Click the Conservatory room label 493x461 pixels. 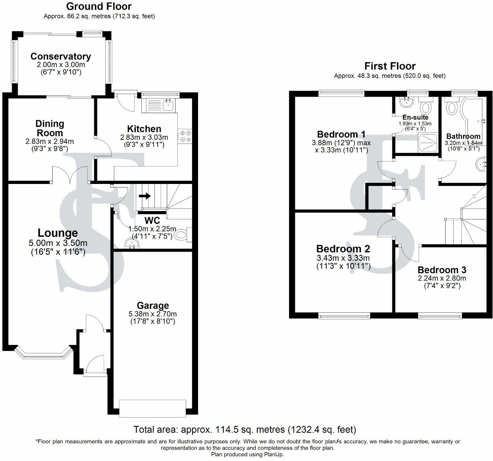61,56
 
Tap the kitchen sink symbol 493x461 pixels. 167,104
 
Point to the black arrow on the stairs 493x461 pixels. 145,196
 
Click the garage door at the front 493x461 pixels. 152,408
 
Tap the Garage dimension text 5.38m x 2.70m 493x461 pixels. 153,314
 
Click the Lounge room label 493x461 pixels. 58,233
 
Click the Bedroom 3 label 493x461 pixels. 442,270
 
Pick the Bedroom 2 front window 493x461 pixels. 344,316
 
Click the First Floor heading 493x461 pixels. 390,66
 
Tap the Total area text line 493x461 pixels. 245,429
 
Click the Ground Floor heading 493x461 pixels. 99,6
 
